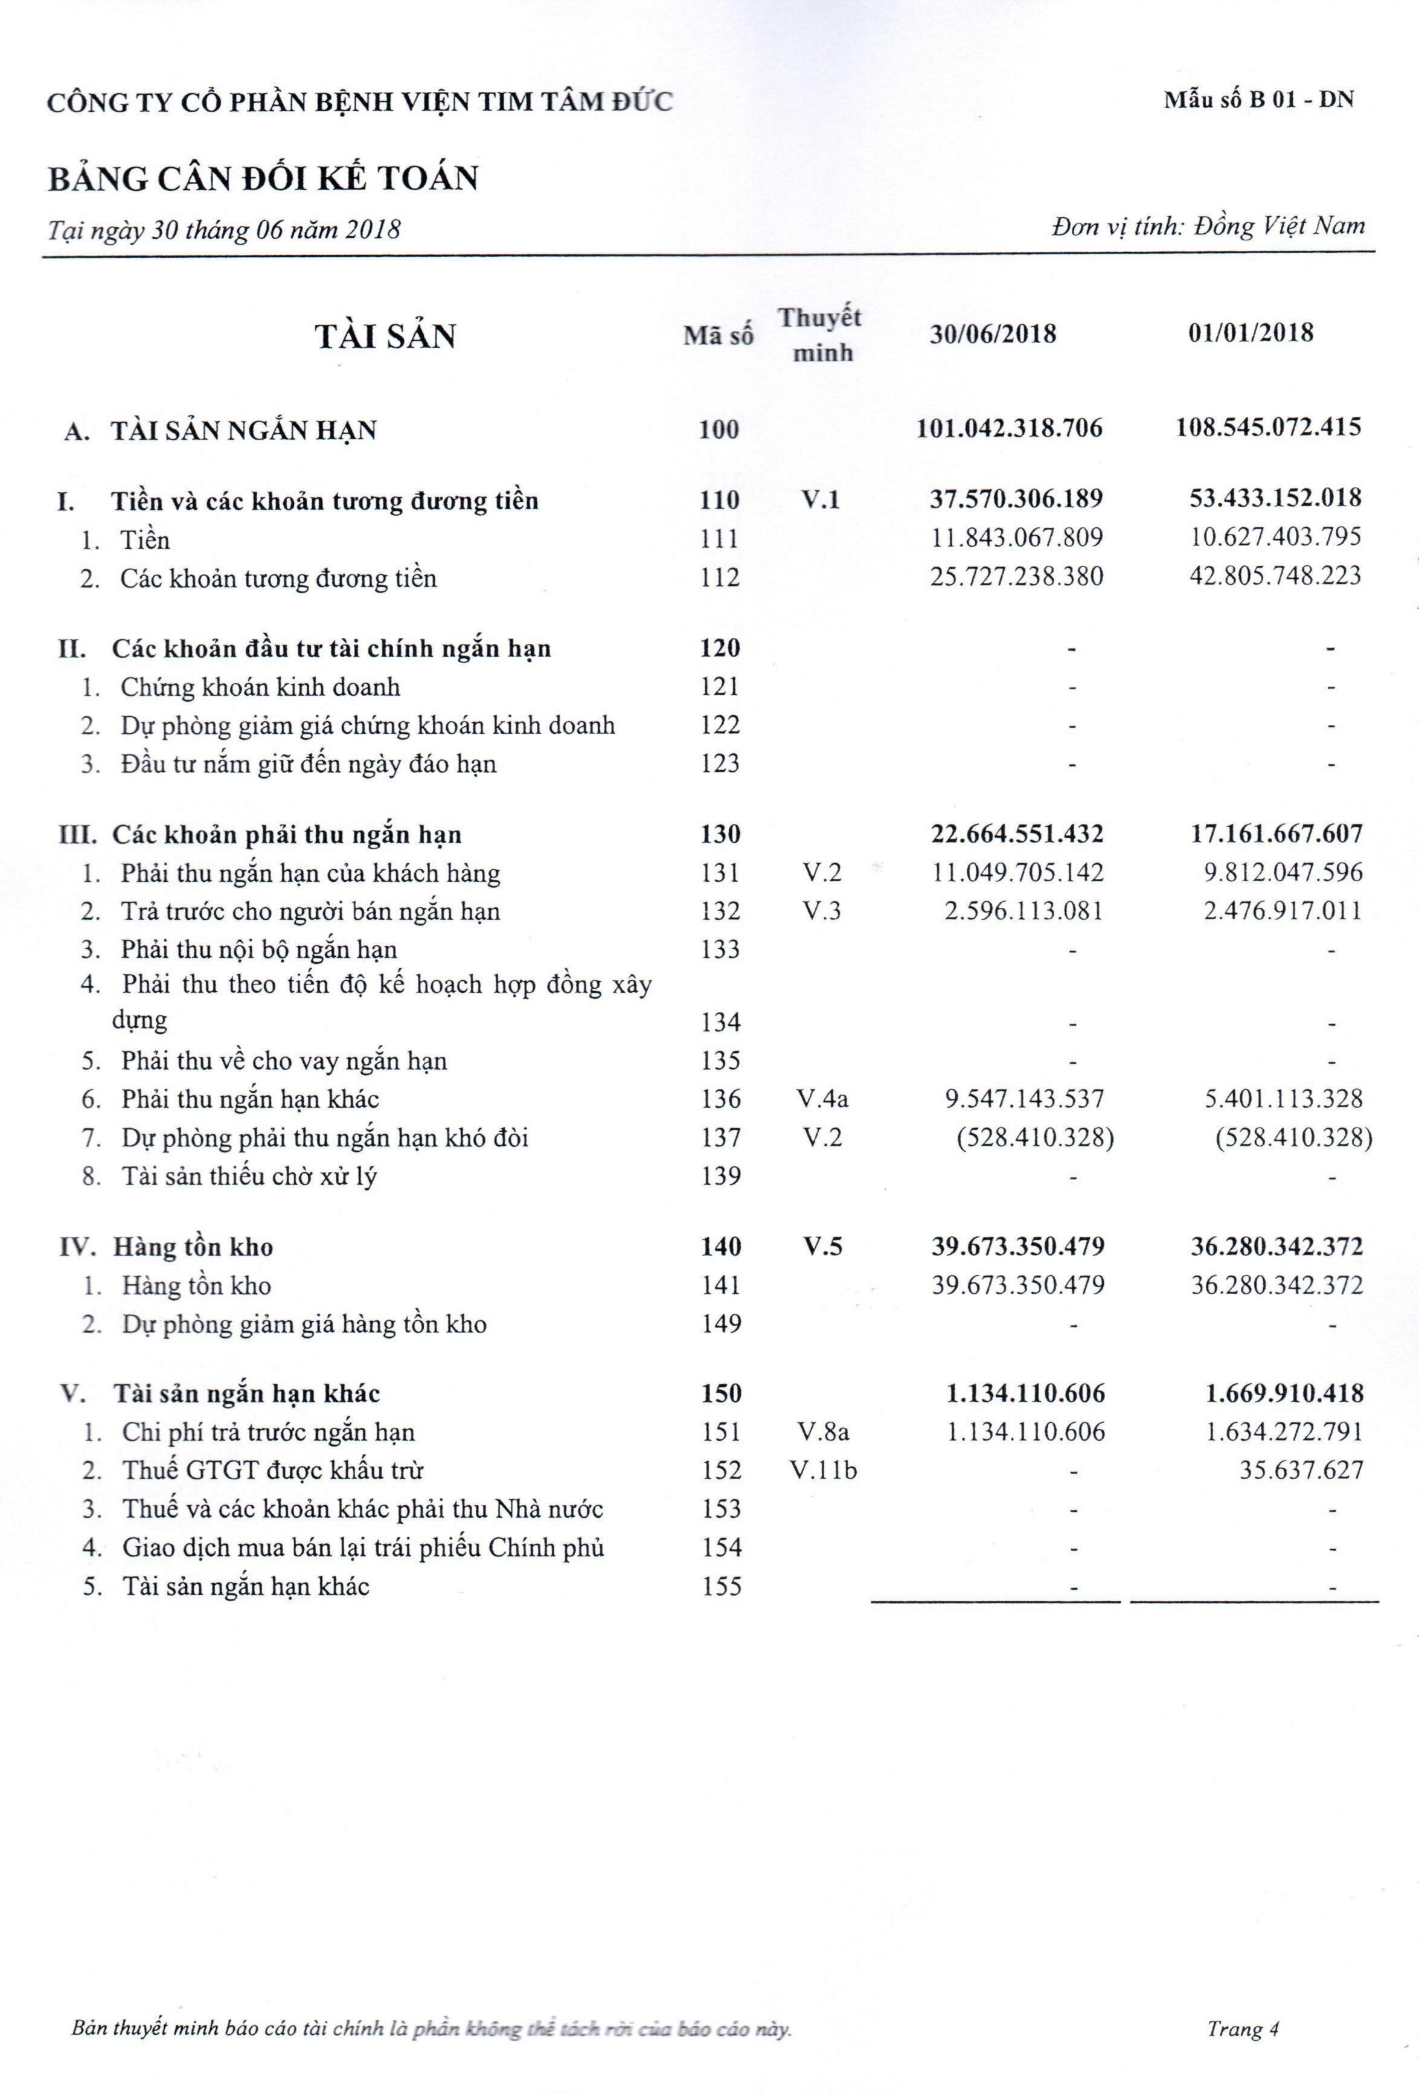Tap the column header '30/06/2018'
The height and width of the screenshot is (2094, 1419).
pyautogui.click(x=992, y=334)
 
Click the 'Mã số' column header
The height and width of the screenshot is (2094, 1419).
pyautogui.click(x=718, y=336)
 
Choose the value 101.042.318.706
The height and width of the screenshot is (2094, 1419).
pyautogui.click(x=1009, y=428)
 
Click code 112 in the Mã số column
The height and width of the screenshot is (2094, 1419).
pyautogui.click(x=719, y=577)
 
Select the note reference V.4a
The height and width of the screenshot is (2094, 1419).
pyautogui.click(x=822, y=1099)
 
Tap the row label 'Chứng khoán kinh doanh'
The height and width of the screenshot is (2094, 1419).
pyautogui.click(x=260, y=687)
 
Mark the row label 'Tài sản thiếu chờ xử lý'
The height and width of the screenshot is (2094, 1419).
pyautogui.click(x=249, y=1177)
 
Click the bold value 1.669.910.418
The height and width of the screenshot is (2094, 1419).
pyautogui.click(x=1284, y=1394)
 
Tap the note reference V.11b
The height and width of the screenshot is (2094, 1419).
pyautogui.click(x=822, y=1471)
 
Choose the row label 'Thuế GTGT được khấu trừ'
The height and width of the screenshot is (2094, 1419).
pyautogui.click(x=272, y=1471)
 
